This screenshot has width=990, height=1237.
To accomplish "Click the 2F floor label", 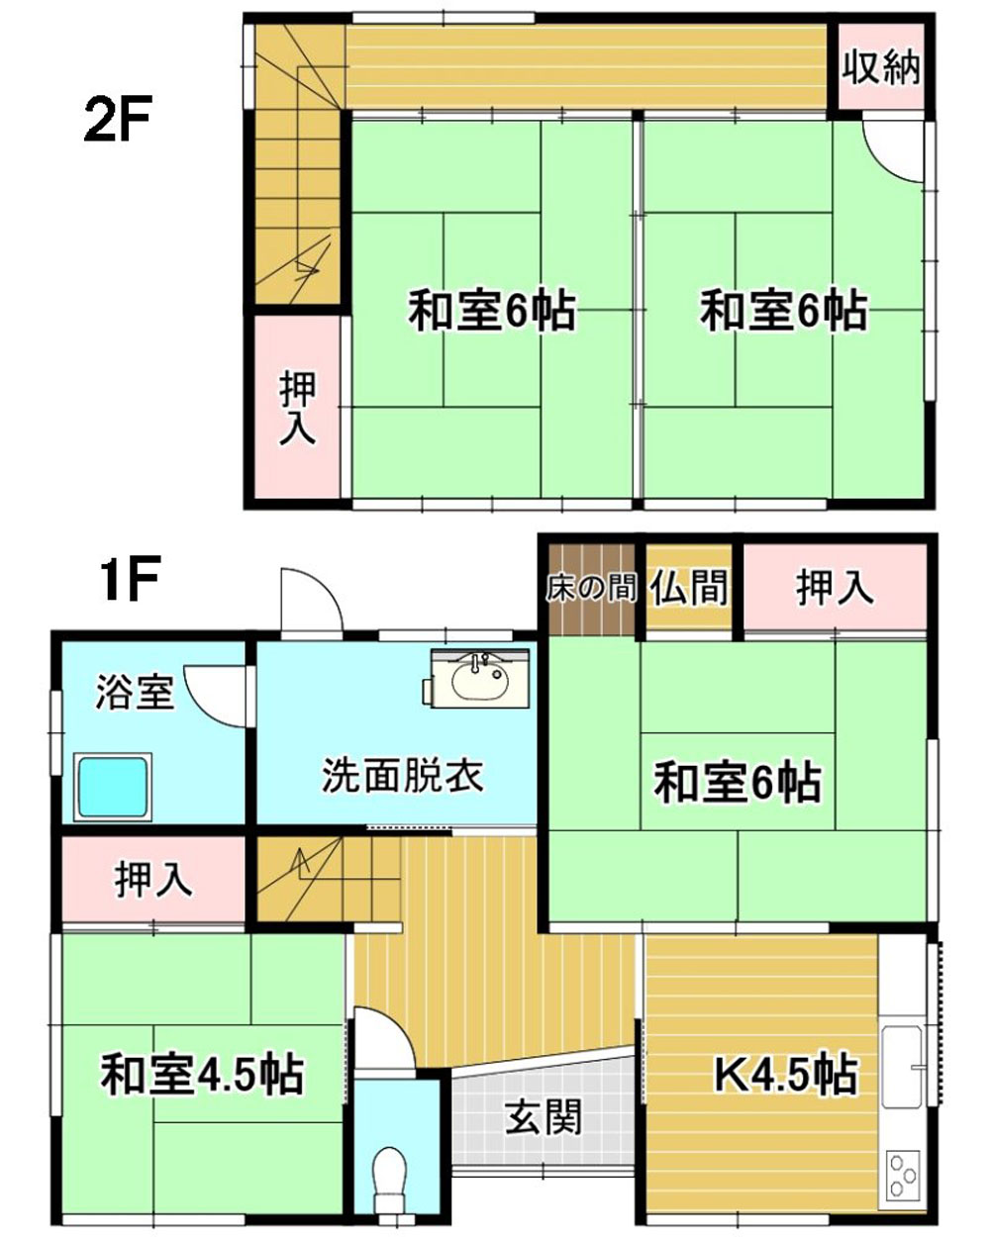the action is pyautogui.click(x=118, y=119).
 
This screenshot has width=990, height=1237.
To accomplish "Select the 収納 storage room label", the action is pyautogui.click(x=881, y=68).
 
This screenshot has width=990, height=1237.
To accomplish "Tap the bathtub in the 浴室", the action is pyautogui.click(x=113, y=787).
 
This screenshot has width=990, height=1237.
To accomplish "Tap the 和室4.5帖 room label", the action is pyautogui.click(x=203, y=1075).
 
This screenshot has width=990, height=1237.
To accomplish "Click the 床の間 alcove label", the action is pyautogui.click(x=591, y=588).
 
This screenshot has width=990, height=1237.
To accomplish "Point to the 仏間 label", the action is pyautogui.click(x=690, y=587).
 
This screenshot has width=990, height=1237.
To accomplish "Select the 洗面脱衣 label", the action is pyautogui.click(x=402, y=775).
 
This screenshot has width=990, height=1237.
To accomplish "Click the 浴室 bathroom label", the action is pyautogui.click(x=135, y=692).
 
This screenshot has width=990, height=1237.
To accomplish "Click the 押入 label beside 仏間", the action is pyautogui.click(x=835, y=587).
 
